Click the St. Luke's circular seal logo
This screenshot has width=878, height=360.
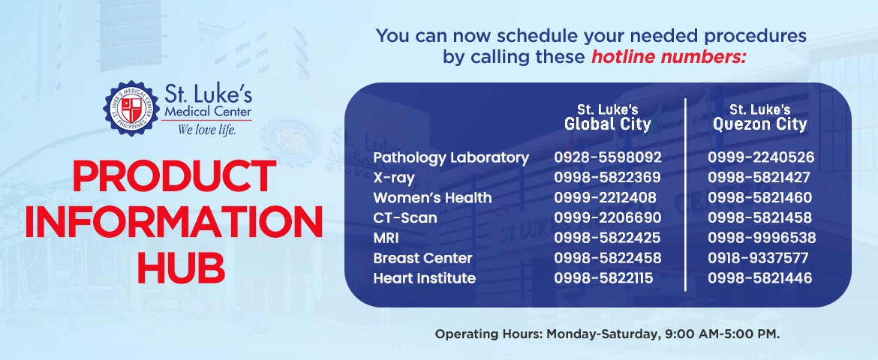pyautogui.click(x=131, y=109)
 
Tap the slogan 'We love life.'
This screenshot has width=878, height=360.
pyautogui.click(x=206, y=130)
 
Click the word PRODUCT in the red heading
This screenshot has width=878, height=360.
pyautogui.click(x=174, y=176)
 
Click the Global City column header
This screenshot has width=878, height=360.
pyautogui.click(x=608, y=118)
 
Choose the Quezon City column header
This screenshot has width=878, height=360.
pyautogui.click(x=760, y=118)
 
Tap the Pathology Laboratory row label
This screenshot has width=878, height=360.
pyautogui.click(x=451, y=158)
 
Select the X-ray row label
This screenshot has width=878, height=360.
pyautogui.click(x=394, y=178)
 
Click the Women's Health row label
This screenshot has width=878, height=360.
pyautogui.click(x=432, y=198)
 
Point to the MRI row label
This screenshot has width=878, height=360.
pyautogui.click(x=386, y=238)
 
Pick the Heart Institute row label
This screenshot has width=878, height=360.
pyautogui.click(x=425, y=278)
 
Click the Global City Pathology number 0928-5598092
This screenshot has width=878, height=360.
pyautogui.click(x=608, y=157)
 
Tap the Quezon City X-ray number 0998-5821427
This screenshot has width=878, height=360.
pyautogui.click(x=759, y=178)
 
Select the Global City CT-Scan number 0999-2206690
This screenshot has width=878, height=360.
pyautogui.click(x=608, y=217)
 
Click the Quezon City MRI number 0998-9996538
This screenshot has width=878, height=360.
pyautogui.click(x=762, y=238)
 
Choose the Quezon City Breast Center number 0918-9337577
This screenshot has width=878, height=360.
pyautogui.click(x=758, y=258)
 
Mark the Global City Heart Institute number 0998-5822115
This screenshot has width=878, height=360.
pyautogui.click(x=603, y=278)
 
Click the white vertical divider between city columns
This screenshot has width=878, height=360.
pyautogui.click(x=685, y=195)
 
